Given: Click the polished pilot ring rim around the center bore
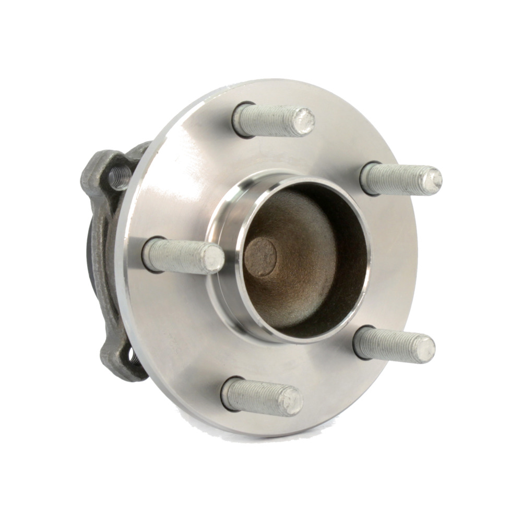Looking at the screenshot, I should click(224, 313).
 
